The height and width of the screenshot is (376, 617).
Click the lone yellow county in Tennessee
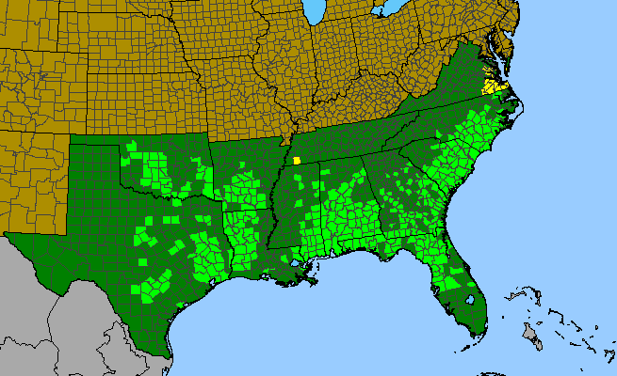(297, 160)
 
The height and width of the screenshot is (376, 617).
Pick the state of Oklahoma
(160, 164)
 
